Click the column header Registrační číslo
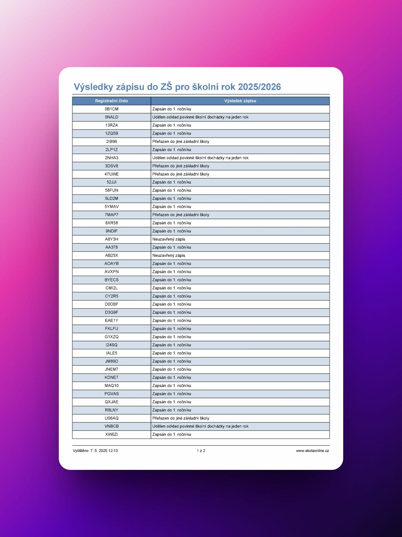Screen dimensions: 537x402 point(111,101)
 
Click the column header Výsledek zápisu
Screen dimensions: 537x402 point(240,101)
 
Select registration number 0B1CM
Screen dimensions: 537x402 point(111,109)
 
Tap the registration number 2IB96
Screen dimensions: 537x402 point(111,142)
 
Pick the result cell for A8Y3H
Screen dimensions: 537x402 point(169,239)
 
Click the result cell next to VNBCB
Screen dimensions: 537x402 point(200,426)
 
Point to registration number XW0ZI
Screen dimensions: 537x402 point(111,434)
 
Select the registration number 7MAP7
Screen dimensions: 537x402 point(111,215)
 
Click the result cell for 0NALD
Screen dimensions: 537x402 point(200,117)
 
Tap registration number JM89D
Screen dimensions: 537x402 point(111,361)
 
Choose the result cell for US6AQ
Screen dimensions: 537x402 point(181,418)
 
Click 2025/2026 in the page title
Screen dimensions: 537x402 point(259,87)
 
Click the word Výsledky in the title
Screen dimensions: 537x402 point(93,87)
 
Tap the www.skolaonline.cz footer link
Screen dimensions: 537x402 point(312,451)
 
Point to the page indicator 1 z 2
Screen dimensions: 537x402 point(201,451)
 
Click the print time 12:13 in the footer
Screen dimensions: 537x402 point(113,451)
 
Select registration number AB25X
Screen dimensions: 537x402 point(111,255)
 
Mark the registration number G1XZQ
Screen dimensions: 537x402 point(111,337)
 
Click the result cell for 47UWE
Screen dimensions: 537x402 point(181,174)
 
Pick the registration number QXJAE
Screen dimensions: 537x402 point(111,402)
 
